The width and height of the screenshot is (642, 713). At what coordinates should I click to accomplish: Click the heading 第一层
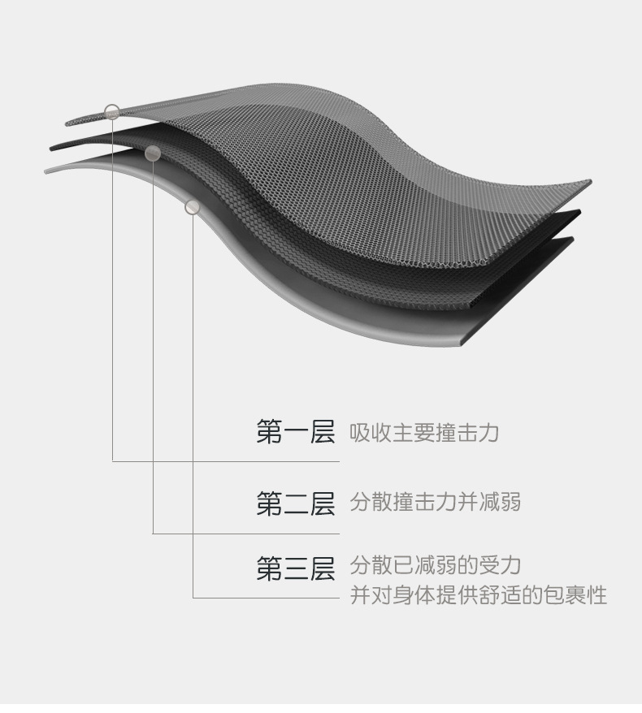click(295, 433)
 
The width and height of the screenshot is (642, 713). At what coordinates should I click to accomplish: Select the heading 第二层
click(295, 504)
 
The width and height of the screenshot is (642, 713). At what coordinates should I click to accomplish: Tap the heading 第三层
click(295, 568)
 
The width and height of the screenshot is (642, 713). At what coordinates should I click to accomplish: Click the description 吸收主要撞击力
click(423, 433)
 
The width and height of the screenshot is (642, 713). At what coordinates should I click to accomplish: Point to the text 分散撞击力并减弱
click(435, 503)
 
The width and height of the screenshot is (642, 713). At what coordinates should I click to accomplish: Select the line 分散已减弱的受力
click(435, 565)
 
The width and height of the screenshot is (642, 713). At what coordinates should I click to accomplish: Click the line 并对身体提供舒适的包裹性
click(478, 595)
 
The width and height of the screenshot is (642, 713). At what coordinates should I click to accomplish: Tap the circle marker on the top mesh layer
click(112, 111)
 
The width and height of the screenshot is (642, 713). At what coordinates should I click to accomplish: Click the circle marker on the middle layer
click(152, 153)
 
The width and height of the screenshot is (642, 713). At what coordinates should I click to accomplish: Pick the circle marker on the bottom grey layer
click(193, 207)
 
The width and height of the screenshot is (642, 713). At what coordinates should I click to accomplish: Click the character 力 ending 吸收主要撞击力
click(488, 433)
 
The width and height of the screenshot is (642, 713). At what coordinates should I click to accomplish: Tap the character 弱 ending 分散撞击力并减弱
click(510, 503)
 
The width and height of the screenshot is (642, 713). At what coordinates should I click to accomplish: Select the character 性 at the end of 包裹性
click(597, 595)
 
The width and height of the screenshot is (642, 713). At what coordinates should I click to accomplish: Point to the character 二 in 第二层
click(295, 504)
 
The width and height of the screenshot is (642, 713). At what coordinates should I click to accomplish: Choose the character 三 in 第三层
click(295, 568)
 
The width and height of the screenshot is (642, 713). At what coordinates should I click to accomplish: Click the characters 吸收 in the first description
click(371, 433)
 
